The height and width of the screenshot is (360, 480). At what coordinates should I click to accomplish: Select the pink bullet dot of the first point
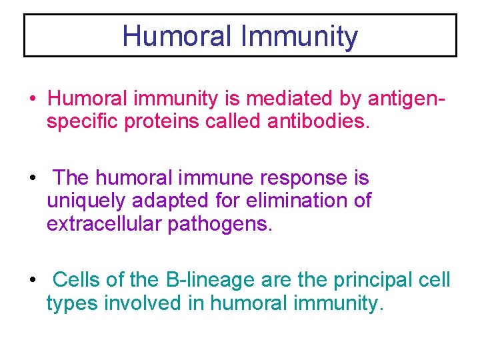coord(33,99)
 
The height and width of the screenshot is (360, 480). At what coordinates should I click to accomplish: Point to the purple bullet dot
coord(33,179)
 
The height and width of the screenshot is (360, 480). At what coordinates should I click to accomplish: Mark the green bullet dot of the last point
coord(33,280)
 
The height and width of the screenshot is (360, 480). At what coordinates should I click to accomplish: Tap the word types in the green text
coord(71,304)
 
